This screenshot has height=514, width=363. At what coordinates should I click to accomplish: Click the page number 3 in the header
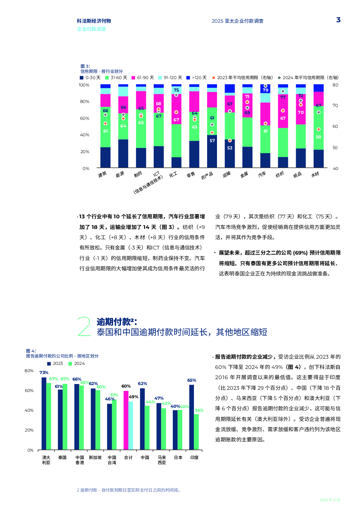338,20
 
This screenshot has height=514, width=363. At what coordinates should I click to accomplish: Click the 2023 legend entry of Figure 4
55,363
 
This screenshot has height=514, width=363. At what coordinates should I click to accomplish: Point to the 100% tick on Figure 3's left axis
84,85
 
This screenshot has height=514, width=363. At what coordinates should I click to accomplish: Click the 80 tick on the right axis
335,85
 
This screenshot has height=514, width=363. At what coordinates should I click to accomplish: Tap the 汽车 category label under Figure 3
262,174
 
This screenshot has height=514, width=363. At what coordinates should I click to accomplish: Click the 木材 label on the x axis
315,174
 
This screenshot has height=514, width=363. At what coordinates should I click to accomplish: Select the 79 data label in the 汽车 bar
265,90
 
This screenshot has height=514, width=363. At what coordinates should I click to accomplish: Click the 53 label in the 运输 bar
230,148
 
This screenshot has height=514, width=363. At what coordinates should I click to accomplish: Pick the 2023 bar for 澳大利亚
44,413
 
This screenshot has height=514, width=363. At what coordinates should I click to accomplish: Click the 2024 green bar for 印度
197,432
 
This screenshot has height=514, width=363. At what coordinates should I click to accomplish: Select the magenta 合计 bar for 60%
126,420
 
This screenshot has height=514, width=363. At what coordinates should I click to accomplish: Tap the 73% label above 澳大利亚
44,373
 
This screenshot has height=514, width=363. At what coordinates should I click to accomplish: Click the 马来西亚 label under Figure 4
162,460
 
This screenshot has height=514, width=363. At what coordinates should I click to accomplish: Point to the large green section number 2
84,326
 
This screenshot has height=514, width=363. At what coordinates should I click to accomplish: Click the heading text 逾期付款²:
117,322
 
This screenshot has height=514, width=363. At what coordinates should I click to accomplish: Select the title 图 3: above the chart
85,66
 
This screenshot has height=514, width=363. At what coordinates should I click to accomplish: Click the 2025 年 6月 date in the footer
330,500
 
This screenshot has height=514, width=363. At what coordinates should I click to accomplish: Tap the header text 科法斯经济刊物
94,21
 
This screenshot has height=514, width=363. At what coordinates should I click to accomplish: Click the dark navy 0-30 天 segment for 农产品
212,151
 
